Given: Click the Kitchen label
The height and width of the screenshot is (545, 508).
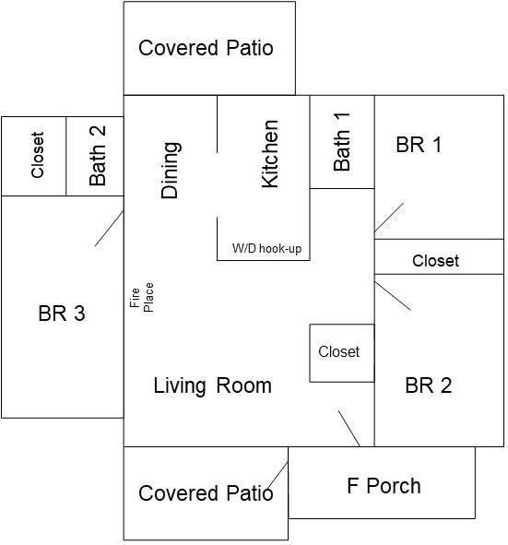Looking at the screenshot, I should [270, 154].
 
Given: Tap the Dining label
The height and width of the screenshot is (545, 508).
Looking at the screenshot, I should [171, 170].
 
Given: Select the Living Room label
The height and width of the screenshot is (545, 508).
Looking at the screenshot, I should [212, 385].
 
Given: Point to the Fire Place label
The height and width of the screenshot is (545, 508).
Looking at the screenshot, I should [142, 297].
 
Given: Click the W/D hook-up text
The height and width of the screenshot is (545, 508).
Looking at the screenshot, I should [266, 249].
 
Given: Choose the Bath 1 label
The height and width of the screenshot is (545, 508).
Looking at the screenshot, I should [342, 141].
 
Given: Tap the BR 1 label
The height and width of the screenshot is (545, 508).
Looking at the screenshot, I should [419, 145].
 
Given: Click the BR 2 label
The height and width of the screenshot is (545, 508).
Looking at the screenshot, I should [428, 385].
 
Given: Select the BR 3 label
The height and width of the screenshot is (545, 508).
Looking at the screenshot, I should [62, 314].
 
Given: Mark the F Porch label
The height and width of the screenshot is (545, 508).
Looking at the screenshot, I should [384, 486].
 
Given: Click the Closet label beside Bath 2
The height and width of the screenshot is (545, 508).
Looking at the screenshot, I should [37, 156].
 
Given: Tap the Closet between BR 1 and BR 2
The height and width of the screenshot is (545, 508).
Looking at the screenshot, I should [435, 261].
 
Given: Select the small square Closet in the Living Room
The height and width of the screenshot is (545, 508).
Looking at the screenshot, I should [339, 351].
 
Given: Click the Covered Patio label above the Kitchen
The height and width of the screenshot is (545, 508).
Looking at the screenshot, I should [206, 48].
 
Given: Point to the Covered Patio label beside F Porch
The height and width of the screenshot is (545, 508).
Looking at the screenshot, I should [206, 493].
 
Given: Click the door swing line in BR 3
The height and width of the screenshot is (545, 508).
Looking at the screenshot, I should [110, 229].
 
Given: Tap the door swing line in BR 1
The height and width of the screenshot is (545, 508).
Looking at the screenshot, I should [389, 218].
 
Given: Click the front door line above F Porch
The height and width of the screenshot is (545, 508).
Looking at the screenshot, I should [349, 428].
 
